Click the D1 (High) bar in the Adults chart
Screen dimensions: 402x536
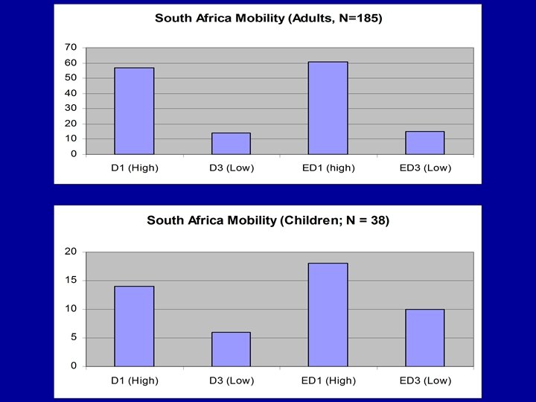click(x=134, y=111)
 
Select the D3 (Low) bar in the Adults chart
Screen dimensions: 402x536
click(x=231, y=144)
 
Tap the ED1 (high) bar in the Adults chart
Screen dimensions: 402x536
click(x=328, y=108)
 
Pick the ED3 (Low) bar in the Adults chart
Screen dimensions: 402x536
click(x=424, y=143)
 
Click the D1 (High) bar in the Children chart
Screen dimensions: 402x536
click(x=134, y=326)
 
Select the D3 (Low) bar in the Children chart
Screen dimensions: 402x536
click(x=231, y=349)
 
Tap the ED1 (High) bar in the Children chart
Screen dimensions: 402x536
click(x=328, y=314)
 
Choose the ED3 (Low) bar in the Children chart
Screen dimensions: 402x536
click(x=424, y=337)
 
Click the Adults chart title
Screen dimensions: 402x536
click(x=268, y=19)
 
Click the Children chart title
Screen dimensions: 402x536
click(x=268, y=220)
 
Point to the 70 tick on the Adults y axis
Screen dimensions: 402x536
click(x=71, y=47)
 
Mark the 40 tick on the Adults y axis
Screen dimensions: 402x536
click(x=71, y=93)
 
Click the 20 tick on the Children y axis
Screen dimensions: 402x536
click(x=71, y=252)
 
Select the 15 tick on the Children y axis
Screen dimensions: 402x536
click(x=71, y=280)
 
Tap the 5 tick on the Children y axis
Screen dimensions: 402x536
click(x=72, y=337)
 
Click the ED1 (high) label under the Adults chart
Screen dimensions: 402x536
click(x=328, y=167)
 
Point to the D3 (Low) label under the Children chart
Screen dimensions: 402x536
click(x=231, y=381)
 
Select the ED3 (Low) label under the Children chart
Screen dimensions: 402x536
click(x=425, y=381)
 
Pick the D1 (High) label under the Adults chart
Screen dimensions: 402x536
click(x=135, y=167)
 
